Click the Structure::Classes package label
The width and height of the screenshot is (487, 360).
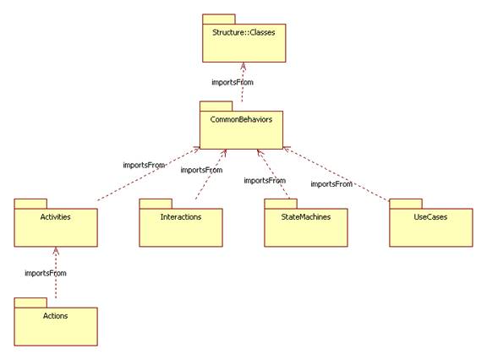tap(243, 33)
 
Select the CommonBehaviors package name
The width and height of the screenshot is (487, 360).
tap(241, 119)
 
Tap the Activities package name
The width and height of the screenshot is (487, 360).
tap(55, 217)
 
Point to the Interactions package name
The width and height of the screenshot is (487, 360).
tap(181, 217)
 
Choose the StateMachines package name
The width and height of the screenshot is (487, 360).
tap(305, 217)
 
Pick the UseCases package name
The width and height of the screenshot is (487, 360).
tap(430, 217)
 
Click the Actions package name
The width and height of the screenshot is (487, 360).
tap(55, 316)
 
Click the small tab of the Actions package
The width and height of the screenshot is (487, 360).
tap(30, 303)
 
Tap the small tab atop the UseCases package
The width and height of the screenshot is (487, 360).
tap(406, 204)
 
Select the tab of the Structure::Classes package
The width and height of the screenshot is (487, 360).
tap(219, 19)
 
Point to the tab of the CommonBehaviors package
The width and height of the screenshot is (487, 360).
tap(216, 106)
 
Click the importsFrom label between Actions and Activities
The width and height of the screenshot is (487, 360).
tap(46, 274)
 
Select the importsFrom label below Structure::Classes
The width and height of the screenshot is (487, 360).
tap(233, 83)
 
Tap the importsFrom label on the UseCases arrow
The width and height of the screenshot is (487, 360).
tap(331, 184)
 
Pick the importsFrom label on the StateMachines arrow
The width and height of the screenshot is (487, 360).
tap(265, 181)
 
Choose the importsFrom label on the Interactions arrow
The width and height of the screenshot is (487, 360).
tap(201, 170)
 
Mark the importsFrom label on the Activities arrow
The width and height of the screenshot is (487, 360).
tap(144, 165)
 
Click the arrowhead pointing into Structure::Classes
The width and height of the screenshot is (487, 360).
tap(243, 66)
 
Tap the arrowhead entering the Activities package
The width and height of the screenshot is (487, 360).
tap(56, 251)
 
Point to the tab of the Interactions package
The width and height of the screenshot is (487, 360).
tap(156, 204)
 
